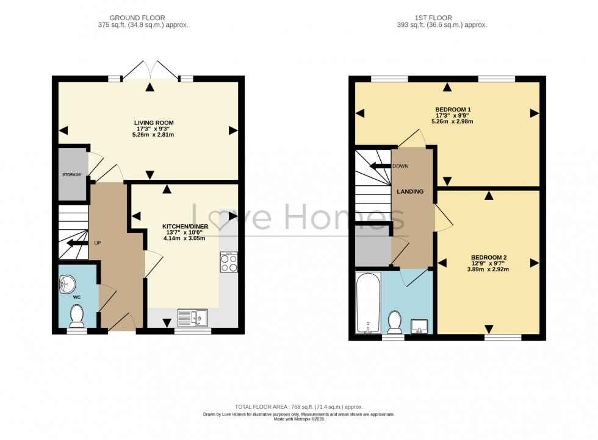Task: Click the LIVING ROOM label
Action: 154,123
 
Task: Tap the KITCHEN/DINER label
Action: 185,226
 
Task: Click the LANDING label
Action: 410,191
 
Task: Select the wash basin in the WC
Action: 67,283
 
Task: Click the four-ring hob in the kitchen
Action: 229,262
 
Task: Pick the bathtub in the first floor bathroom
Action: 368,303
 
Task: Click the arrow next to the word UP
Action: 77,243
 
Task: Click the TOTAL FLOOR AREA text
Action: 299,406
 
